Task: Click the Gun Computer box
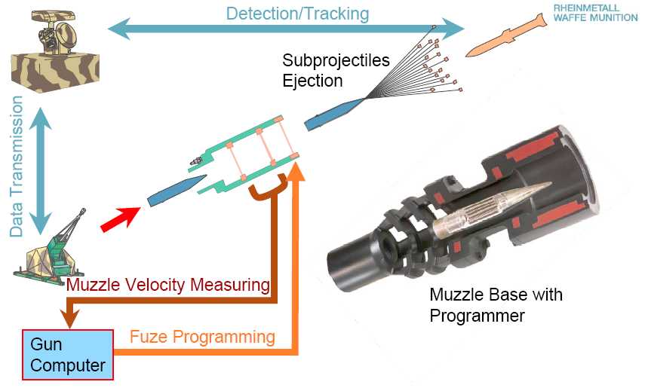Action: (68, 354)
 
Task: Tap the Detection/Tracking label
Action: (297, 13)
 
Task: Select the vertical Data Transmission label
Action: (17, 167)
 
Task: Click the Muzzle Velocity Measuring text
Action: (167, 285)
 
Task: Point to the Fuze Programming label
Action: (202, 336)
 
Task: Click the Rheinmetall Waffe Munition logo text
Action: (595, 13)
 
